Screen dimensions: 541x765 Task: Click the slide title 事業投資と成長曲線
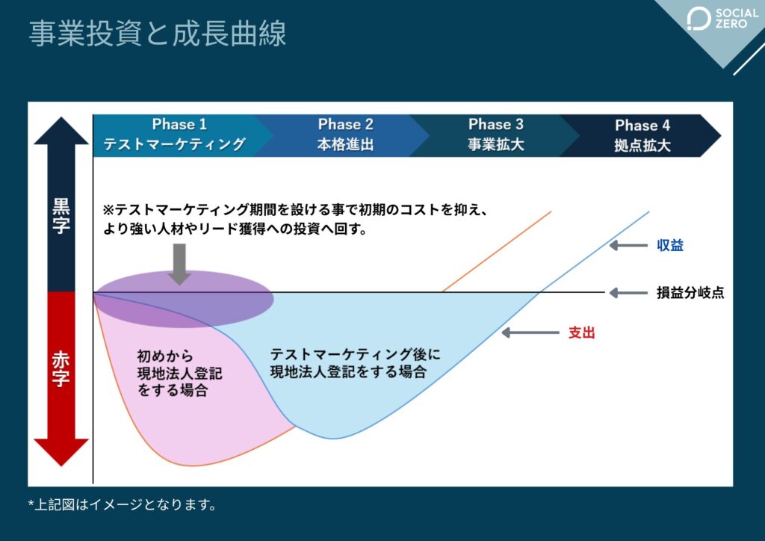pos(158,34)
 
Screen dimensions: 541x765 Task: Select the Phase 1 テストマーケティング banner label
pos(174,135)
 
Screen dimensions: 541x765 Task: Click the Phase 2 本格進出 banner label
pos(345,135)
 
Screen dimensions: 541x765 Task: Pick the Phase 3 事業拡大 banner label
pos(495,135)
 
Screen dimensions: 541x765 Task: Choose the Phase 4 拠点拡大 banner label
pos(642,135)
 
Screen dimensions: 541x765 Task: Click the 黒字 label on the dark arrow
pos(61,216)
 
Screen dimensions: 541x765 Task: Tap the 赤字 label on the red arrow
pos(61,368)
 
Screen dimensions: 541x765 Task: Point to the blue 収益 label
pos(670,245)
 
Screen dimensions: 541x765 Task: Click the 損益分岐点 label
pos(690,293)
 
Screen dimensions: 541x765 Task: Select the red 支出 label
pos(582,333)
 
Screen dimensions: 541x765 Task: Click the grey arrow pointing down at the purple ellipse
pos(179,263)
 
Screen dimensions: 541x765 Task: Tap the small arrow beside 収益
pos(624,245)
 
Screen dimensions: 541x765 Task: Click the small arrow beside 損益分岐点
pos(624,293)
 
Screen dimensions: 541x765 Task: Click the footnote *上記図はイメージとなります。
pos(123,505)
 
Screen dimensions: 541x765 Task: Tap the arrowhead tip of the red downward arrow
pos(61,465)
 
